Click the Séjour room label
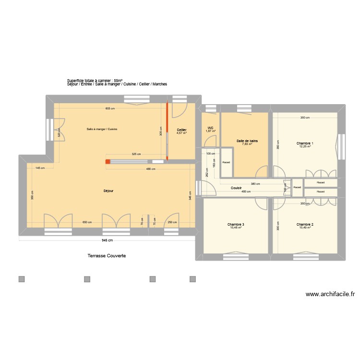coord(108,191)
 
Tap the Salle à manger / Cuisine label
coord(102,129)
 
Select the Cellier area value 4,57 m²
coord(181,133)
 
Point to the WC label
coord(210,128)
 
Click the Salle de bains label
coord(247,141)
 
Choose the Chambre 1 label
coord(305,143)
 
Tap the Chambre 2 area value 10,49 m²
coord(305,228)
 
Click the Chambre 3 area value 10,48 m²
coord(236,228)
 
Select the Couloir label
coord(236,188)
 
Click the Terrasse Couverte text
coord(107,256)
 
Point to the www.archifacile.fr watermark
coord(330,294)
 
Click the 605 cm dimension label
coord(110,108)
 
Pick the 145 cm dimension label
coord(40,168)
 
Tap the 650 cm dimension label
coord(87,222)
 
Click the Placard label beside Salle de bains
coord(226,162)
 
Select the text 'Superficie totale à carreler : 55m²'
coord(95,81)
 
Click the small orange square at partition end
coord(108,162)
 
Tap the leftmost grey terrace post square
coord(21,279)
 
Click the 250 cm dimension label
coord(172,222)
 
